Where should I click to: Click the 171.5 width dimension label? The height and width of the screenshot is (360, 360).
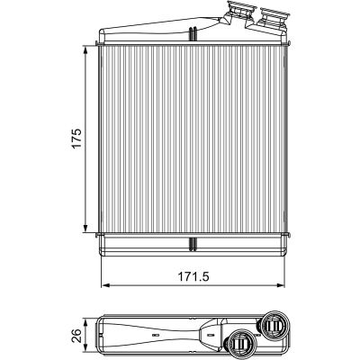193,276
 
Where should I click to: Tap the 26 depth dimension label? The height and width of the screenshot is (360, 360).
77,336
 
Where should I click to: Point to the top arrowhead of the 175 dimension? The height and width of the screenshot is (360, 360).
85,50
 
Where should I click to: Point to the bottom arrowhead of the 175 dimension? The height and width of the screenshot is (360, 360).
85,228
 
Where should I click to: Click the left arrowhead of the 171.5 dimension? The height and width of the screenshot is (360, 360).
106,284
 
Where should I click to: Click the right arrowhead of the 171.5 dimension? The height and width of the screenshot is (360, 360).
280,284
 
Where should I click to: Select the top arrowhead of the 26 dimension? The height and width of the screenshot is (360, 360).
86,323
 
